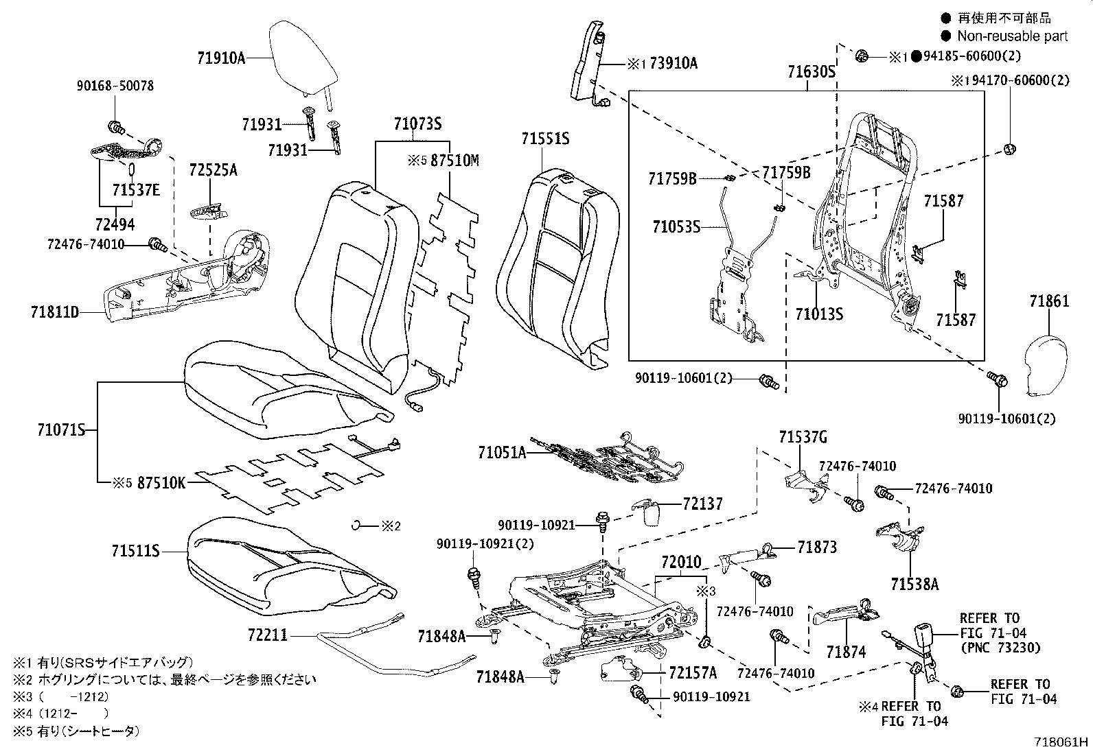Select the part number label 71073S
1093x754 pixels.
click(417, 124)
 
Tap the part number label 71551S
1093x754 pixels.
click(544, 139)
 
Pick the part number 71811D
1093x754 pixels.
click(54, 312)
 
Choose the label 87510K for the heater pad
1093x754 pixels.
click(161, 482)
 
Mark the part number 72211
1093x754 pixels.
click(267, 637)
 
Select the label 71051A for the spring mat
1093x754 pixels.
click(501, 452)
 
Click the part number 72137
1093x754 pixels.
click(702, 504)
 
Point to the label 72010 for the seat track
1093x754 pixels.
click(681, 563)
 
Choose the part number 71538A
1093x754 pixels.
click(914, 585)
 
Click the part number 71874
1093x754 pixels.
click(846, 652)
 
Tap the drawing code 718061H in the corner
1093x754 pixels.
click(1062, 742)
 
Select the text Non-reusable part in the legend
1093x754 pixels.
click(1012, 36)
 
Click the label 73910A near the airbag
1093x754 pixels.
click(673, 64)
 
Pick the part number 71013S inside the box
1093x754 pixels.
click(818, 314)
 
